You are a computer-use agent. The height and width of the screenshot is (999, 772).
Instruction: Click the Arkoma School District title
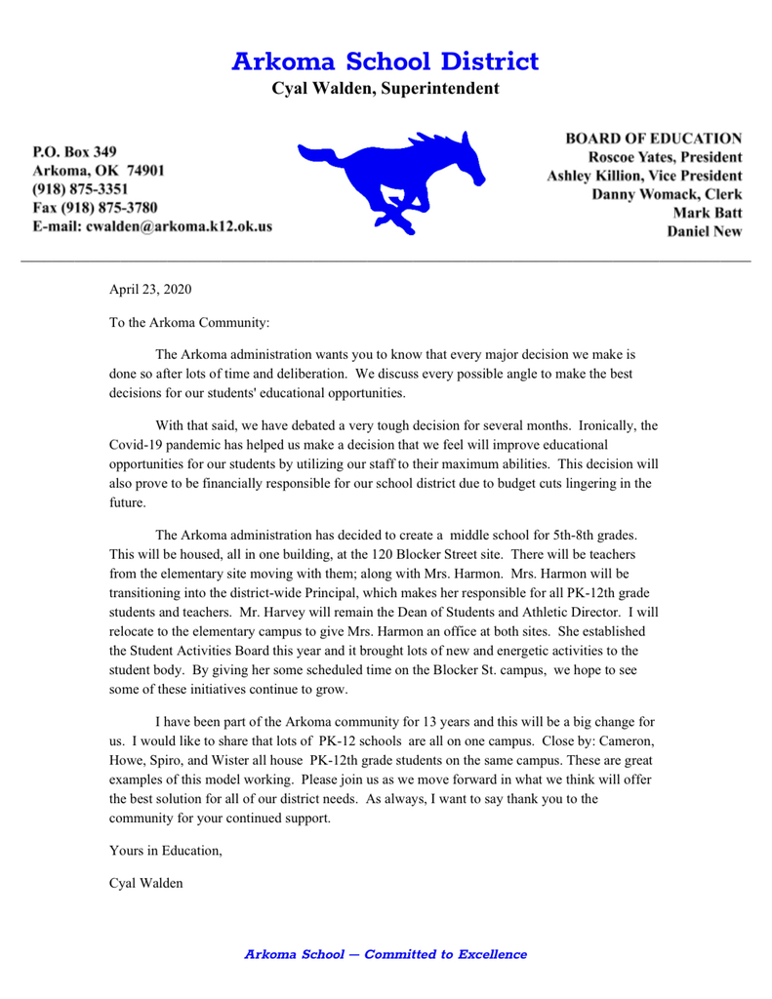pyautogui.click(x=386, y=60)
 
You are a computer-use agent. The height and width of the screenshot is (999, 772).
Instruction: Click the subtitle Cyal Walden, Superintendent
pyautogui.click(x=386, y=90)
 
